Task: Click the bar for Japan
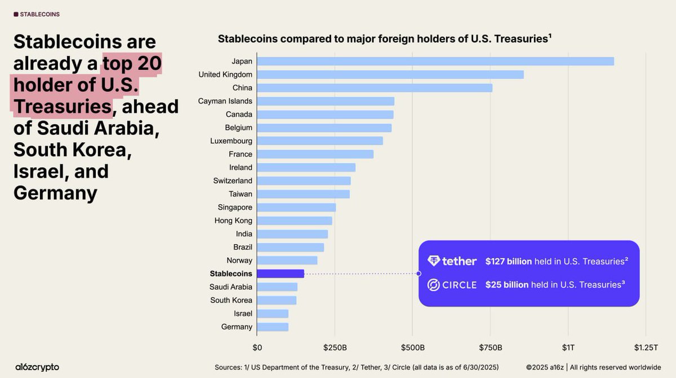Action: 435,61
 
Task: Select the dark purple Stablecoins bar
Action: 280,274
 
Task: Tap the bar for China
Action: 374,88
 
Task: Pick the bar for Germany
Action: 272,327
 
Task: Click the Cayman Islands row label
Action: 225,101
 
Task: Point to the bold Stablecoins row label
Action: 231,274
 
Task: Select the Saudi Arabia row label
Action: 231,287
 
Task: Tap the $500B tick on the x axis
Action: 412,346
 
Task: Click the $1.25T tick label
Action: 645,346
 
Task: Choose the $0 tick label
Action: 257,346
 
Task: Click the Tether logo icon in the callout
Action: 433,261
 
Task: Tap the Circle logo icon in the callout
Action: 433,285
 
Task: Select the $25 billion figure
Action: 506,285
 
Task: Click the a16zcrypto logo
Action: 37,367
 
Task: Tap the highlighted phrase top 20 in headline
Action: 132,63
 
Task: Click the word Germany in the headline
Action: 55,193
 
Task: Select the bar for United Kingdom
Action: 390,74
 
